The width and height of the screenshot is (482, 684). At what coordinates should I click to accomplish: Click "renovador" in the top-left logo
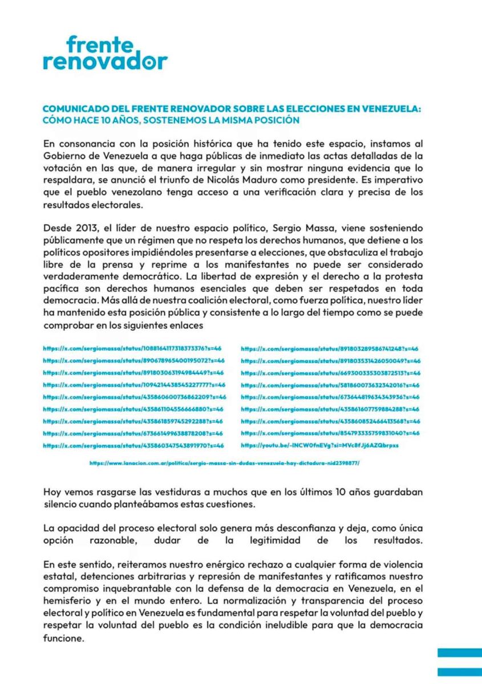pos(105,61)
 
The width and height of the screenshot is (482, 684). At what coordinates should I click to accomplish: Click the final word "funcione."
pos(63,639)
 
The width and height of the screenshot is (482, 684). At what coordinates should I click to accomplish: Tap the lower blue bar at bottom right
pos(459,672)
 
